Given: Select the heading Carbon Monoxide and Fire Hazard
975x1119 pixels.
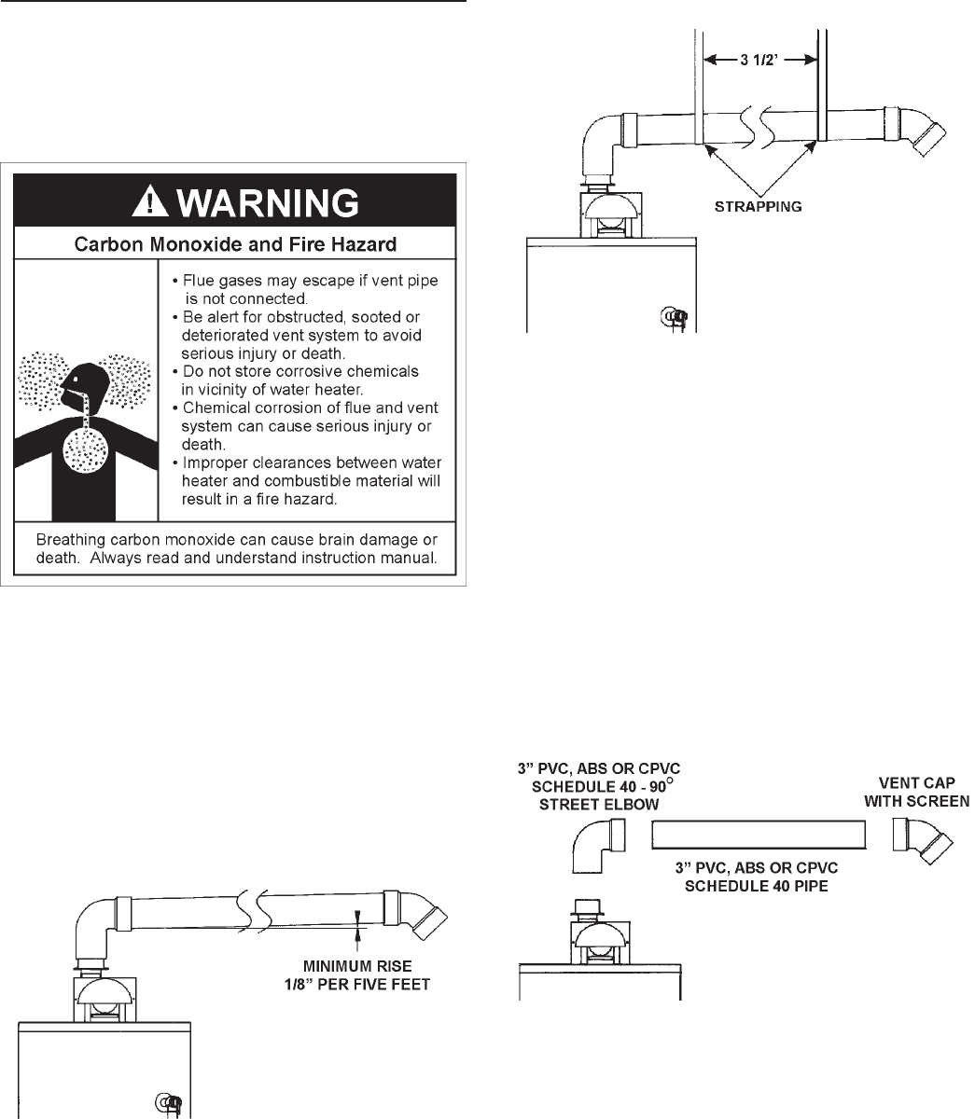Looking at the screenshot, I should pos(235,245).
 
